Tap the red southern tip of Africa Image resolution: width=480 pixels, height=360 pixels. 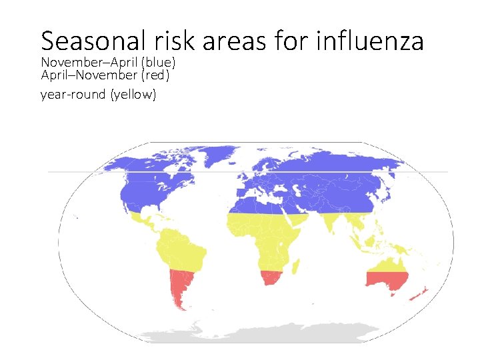272,277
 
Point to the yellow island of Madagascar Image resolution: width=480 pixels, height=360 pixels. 298,260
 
